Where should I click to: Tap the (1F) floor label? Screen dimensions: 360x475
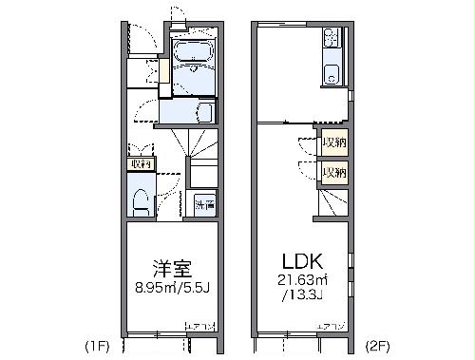[98, 347]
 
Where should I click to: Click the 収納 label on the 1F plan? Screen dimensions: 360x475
[141, 163]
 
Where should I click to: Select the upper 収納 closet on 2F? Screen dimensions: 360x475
[333, 143]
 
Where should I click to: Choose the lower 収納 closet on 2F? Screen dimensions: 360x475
[333, 173]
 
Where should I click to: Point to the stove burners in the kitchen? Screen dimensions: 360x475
[332, 39]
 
